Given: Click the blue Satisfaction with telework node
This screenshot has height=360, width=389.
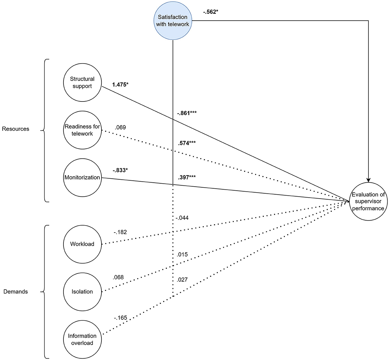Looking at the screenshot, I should [x=173, y=21].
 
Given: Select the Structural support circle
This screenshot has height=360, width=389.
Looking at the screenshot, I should [x=82, y=83].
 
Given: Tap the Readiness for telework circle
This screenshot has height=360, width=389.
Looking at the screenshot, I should [x=82, y=130].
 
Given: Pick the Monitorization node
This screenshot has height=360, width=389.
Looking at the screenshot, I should [x=82, y=177].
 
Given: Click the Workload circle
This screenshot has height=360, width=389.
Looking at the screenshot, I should [x=82, y=244].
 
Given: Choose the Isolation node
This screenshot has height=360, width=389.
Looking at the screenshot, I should [x=82, y=291].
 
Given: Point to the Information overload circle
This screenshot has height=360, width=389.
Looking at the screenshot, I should [x=82, y=339].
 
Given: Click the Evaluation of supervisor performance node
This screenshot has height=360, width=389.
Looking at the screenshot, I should [x=368, y=201].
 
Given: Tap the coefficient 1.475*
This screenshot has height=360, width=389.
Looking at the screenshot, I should [x=120, y=85].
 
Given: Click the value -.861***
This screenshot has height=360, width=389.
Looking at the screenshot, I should [x=187, y=113].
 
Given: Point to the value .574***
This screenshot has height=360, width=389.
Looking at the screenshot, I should [x=187, y=143].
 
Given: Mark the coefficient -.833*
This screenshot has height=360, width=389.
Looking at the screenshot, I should [x=120, y=170].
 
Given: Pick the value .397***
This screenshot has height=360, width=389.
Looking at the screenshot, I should [x=187, y=177].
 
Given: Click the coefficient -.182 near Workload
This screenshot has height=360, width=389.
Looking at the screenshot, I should [x=120, y=232].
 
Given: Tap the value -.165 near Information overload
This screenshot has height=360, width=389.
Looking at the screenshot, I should [x=120, y=318].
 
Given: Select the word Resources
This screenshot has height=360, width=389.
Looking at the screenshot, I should [x=16, y=129].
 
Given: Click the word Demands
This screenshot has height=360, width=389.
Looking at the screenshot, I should [x=16, y=291].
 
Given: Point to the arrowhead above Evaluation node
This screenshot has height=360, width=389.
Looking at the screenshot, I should [x=368, y=180].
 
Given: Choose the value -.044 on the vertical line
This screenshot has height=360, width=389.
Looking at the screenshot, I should [x=182, y=218].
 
